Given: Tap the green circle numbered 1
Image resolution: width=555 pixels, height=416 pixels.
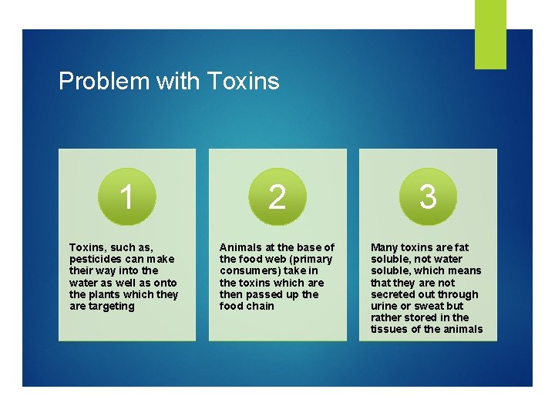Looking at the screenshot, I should pyautogui.click(x=127, y=197).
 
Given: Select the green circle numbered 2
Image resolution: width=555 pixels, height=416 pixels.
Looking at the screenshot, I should pyautogui.click(x=277, y=197).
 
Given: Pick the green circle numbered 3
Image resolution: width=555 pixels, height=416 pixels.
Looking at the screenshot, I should pyautogui.click(x=428, y=197).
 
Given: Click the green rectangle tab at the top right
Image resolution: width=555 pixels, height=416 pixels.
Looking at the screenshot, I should pyautogui.click(x=490, y=34).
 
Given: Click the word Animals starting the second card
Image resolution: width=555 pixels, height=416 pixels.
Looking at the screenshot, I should pyautogui.click(x=241, y=247).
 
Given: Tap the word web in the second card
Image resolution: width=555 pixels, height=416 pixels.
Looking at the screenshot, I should pyautogui.click(x=274, y=259).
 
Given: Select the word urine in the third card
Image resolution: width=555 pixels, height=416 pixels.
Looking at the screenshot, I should pyautogui.click(x=385, y=306).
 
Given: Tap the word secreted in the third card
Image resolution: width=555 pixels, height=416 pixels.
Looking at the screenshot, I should pyautogui.click(x=394, y=294).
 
